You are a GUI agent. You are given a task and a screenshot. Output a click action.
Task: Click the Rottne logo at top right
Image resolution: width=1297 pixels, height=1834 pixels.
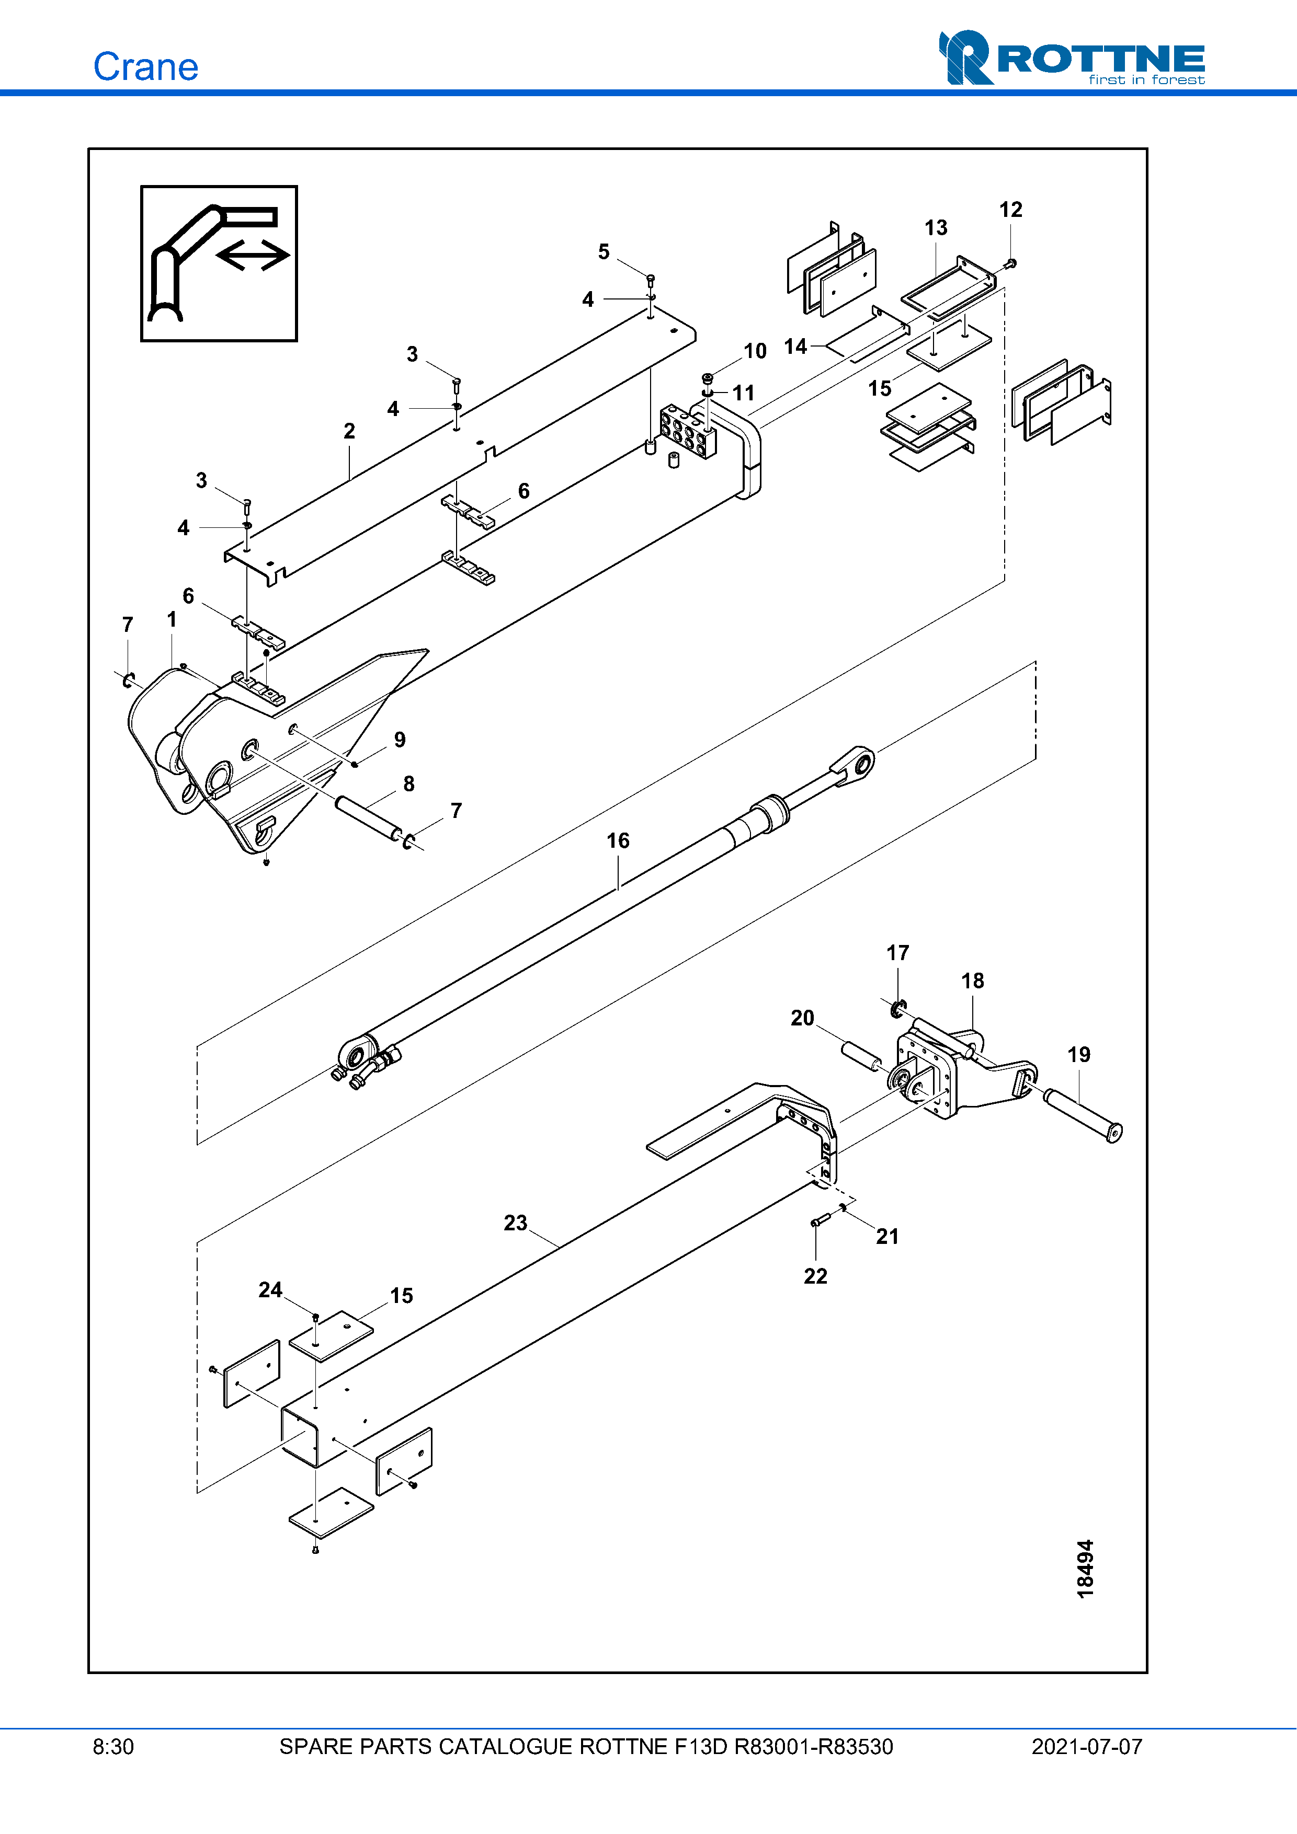1071,59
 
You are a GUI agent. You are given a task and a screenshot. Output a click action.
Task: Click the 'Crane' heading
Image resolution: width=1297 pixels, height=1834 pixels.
145,67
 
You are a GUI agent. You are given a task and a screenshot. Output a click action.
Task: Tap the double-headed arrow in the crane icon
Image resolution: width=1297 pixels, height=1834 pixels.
253,256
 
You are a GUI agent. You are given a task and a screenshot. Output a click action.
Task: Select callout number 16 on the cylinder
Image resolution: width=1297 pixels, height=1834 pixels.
617,840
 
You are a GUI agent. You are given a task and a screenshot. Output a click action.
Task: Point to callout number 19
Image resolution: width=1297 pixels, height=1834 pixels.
1078,1054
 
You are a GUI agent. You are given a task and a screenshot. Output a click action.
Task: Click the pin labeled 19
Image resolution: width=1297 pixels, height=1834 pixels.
1083,1116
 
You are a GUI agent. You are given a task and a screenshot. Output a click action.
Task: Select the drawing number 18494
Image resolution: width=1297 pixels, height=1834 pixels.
1085,1569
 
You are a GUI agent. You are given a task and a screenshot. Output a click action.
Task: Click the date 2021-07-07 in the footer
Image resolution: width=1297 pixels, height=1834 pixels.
1086,1747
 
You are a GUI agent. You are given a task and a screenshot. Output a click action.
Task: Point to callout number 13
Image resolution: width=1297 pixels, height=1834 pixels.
935,228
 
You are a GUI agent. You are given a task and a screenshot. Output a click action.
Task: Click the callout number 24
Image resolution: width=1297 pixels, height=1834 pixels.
270,1290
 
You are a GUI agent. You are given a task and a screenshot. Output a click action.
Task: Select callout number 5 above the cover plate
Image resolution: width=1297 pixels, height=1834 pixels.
604,251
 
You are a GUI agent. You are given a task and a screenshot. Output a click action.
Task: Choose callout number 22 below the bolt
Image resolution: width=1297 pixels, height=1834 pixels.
815,1276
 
